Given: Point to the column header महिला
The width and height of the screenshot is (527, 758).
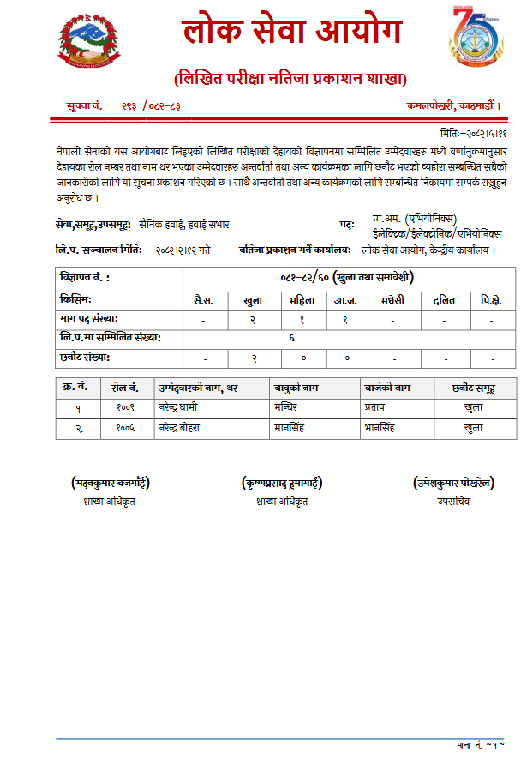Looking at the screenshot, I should pyautogui.click(x=301, y=301).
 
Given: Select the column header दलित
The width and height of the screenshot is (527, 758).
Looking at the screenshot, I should pyautogui.click(x=444, y=301).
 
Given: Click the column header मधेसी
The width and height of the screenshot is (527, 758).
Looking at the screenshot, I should pyautogui.click(x=392, y=301).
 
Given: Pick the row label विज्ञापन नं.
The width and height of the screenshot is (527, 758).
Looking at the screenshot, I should pyautogui.click(x=85, y=278).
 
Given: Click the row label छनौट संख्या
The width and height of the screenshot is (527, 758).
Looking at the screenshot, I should pyautogui.click(x=86, y=357).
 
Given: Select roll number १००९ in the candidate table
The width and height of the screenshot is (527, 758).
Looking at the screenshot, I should pyautogui.click(x=126, y=408).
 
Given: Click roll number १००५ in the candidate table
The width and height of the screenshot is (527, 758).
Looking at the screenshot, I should pyautogui.click(x=126, y=427).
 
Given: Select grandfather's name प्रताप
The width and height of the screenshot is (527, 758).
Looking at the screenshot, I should pyautogui.click(x=375, y=408).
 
